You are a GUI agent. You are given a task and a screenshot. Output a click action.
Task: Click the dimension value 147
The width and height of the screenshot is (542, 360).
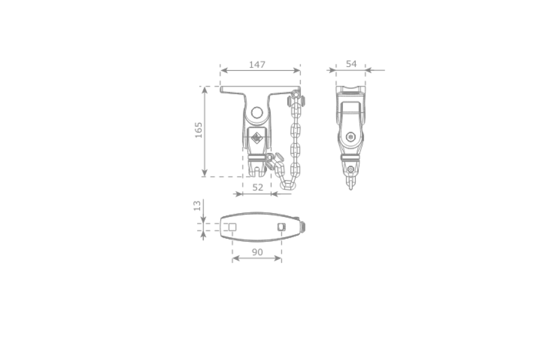tap(257, 65)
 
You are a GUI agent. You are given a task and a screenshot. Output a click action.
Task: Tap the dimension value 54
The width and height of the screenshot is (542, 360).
tap(351, 64)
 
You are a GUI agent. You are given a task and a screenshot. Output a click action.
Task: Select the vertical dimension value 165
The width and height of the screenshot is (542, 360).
tap(199, 130)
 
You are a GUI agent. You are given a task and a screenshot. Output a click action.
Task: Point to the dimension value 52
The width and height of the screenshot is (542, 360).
tap(258, 187)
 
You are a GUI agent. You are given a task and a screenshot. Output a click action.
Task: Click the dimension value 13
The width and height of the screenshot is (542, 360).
tap(197, 206)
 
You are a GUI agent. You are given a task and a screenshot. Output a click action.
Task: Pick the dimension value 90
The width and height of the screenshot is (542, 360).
tap(257, 252)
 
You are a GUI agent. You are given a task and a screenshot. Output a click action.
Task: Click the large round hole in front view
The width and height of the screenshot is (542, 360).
tap(257, 113)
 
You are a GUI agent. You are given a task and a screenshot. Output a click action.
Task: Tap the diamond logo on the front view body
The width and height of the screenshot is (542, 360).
tap(257, 138)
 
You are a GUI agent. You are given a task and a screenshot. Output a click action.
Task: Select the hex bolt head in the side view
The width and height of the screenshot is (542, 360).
tap(351, 137)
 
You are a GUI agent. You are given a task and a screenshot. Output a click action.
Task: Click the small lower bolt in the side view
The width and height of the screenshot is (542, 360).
tap(351, 169)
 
